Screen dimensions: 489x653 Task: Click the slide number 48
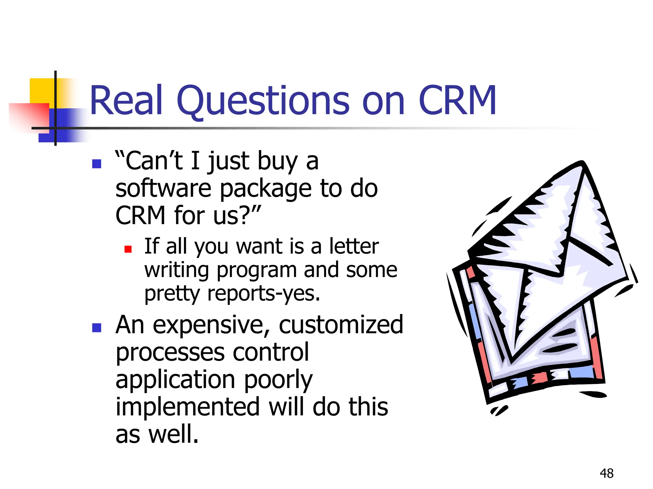[606, 473]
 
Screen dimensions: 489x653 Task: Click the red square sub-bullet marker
[128, 249]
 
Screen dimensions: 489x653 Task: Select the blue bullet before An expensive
[96, 328]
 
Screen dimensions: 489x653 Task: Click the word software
[163, 188]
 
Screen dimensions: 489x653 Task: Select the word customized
[341, 325]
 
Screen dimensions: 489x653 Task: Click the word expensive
[209, 325]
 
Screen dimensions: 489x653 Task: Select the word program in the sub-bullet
[257, 271]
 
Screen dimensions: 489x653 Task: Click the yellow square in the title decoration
[41, 91]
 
